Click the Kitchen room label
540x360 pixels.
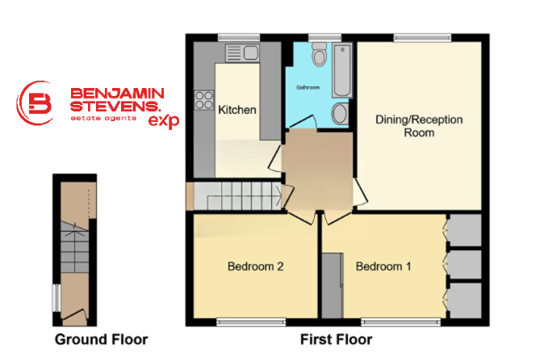tap(237, 110)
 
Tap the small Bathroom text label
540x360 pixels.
tap(308, 87)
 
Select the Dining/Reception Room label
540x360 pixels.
tap(419, 126)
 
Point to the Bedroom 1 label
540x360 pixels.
tap(383, 266)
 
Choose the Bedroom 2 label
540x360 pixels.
tap(256, 266)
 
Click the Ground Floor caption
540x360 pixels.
tap(101, 340)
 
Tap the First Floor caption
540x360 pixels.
tap(336, 340)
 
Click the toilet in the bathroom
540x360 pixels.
tap(320, 54)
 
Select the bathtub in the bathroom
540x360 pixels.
tap(342, 70)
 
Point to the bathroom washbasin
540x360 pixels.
tap(341, 113)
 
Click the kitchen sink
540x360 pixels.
tap(242, 53)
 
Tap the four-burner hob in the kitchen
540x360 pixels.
tap(204, 100)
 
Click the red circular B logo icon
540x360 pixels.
tap(36, 103)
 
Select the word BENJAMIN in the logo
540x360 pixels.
tap(117, 94)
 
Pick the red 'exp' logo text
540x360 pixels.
tap(164, 121)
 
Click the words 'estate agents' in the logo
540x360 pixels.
tap(103, 118)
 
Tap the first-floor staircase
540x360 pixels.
tap(237, 195)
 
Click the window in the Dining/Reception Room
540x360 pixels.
tap(422, 38)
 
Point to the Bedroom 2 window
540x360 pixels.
tap(251, 322)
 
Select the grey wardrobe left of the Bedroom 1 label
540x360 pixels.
tap(333, 286)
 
